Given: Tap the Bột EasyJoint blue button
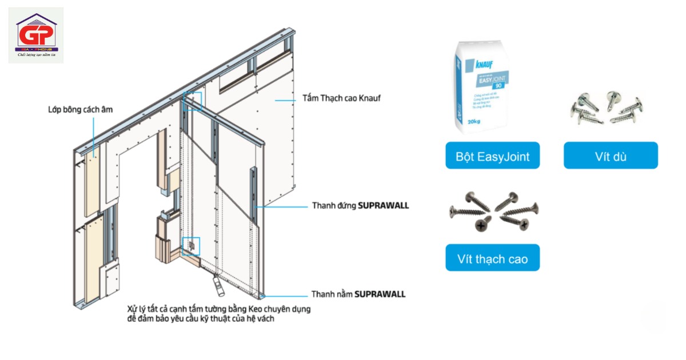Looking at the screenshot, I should pyautogui.click(x=493, y=156).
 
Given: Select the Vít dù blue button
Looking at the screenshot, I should pyautogui.click(x=611, y=156).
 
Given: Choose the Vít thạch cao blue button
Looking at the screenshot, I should pyautogui.click(x=493, y=259).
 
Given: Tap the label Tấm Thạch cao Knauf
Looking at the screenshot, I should pyautogui.click(x=341, y=98).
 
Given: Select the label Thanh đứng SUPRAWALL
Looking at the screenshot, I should pyautogui.click(x=360, y=205).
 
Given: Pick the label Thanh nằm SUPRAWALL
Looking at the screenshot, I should pyautogui.click(x=358, y=294).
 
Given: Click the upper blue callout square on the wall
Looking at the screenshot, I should pyautogui.click(x=193, y=100).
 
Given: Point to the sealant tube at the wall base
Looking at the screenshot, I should pyautogui.click(x=217, y=284).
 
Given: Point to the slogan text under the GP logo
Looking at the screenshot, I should pyautogui.click(x=36, y=55).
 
